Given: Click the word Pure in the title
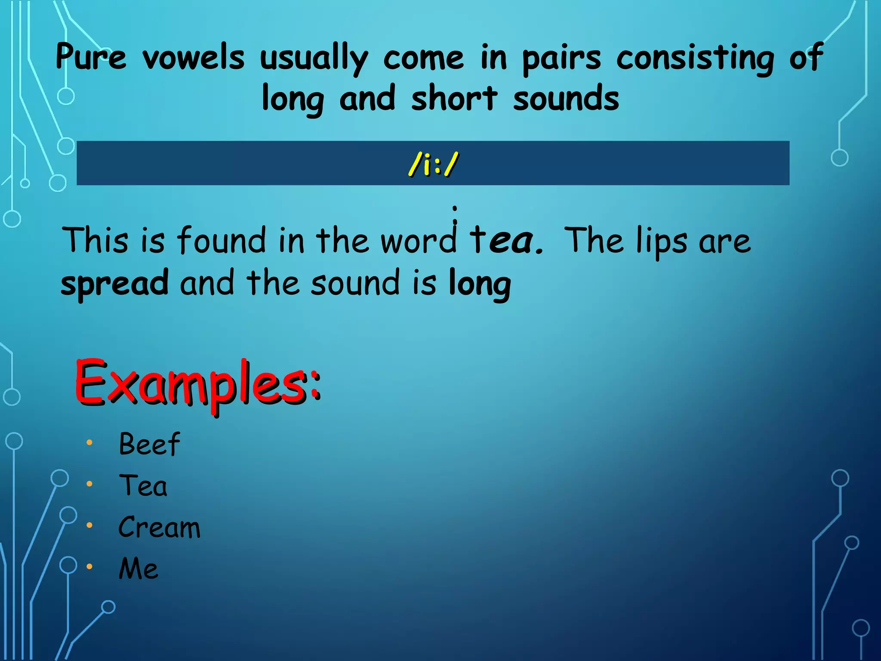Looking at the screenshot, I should coord(91,57).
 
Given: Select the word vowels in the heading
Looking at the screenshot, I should coord(194,57).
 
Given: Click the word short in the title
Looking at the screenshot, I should coord(454,98).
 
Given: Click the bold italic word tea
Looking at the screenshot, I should coord(505,240).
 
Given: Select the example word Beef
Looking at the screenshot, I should coord(149,444).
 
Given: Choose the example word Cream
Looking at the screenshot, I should coord(159,527).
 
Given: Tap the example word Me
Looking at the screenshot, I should coord(139,568).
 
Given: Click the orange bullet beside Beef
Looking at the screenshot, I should coord(89,442).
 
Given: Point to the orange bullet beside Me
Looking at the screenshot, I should coord(89,567).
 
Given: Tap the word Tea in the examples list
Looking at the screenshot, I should coord(143,485).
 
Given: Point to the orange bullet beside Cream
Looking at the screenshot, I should coord(89,525).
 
